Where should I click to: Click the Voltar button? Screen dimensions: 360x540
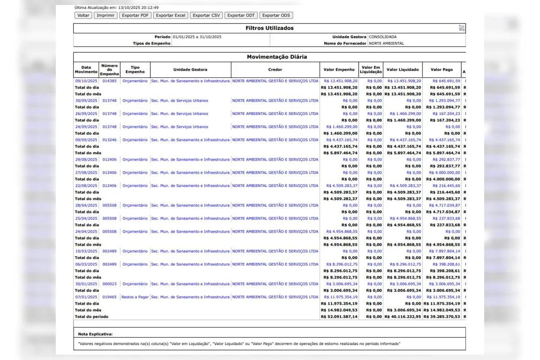[83, 15]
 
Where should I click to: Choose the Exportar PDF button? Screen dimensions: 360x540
[135, 15]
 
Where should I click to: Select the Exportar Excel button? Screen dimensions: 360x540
[171, 15]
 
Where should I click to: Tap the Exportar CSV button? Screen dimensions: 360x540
[206, 15]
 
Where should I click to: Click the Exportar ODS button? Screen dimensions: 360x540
[276, 15]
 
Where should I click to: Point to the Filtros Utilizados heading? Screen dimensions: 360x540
[269, 28]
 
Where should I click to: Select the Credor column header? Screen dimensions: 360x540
[275, 70]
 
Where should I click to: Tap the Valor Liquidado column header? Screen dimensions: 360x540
[402, 70]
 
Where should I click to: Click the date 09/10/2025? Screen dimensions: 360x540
[86, 81]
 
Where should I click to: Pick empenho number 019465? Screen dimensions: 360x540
[109, 297]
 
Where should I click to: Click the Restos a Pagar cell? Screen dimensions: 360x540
[135, 297]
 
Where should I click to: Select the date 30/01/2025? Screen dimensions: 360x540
[86, 284]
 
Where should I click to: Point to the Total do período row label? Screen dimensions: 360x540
[91, 317]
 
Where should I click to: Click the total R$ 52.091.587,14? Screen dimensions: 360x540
[339, 317]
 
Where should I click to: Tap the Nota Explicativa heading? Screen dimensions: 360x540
[95, 334]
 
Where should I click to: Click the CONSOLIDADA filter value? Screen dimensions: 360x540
[382, 37]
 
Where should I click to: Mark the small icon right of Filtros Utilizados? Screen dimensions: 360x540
[461, 28]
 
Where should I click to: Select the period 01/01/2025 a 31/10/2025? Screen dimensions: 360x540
[197, 37]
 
